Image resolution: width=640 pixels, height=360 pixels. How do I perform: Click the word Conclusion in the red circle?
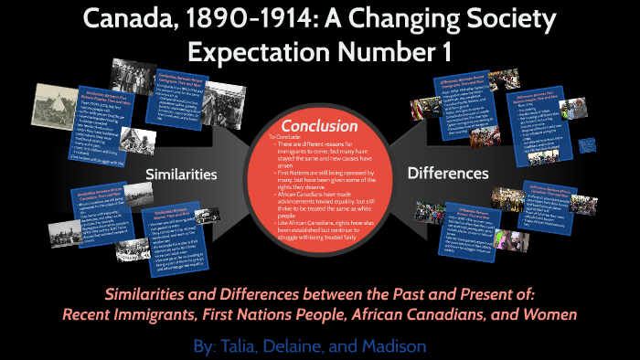point(318,124)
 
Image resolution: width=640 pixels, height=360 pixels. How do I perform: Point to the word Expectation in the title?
point(263,51)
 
